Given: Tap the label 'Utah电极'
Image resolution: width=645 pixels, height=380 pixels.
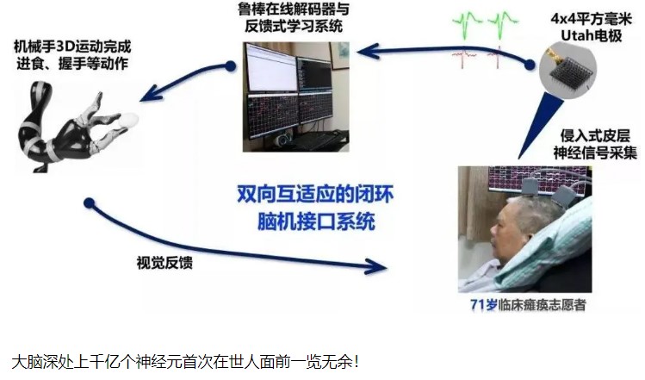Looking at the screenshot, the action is point(591,36).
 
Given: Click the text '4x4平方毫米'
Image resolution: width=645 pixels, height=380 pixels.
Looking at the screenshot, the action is point(591,19).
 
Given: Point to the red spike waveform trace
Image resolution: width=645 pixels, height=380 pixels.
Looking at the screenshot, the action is point(478,57).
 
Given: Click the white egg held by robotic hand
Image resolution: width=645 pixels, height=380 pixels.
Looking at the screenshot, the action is point(129,121).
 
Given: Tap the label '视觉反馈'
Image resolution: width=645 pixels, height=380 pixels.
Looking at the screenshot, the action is point(164,262).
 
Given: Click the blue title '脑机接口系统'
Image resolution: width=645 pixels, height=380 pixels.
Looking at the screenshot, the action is point(316,221).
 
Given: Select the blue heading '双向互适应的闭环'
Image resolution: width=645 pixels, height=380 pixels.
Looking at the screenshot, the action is point(315,194).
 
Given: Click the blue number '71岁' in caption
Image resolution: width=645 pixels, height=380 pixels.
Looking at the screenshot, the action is point(484,305).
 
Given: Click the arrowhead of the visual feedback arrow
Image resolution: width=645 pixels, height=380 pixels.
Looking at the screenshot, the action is point(375,266).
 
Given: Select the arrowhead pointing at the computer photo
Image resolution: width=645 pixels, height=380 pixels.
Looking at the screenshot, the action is point(369,51).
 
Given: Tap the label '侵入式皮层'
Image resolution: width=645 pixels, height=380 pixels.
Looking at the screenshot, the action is point(595,136).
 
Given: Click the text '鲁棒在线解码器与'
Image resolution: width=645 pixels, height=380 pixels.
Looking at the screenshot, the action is point(295,9).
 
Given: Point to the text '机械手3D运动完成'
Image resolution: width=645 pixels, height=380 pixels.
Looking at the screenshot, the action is point(72,47).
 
